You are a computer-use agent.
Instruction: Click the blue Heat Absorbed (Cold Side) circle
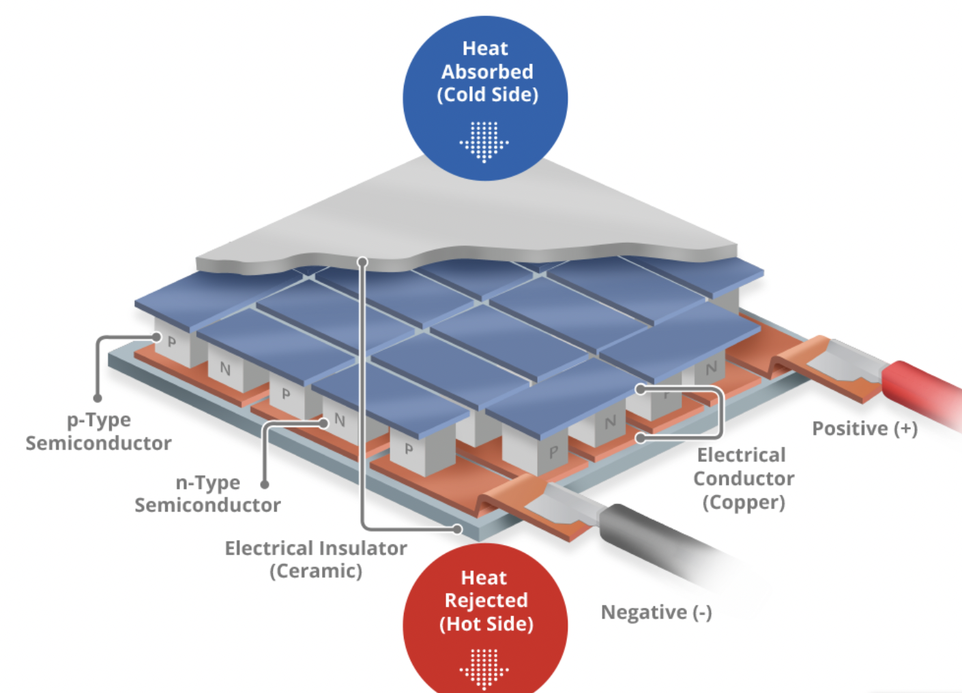tap(485, 98)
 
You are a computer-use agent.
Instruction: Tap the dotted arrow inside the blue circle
tap(484, 142)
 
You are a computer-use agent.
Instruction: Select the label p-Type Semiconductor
tap(99, 432)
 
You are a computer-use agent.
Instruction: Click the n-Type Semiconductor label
tap(207, 494)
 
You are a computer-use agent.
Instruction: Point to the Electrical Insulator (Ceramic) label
tap(316, 559)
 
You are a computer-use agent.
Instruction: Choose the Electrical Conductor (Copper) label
tap(743, 479)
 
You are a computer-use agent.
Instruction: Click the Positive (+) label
tap(864, 429)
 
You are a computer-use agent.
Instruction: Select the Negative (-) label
tap(656, 613)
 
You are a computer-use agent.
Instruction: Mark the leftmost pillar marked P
tap(174, 344)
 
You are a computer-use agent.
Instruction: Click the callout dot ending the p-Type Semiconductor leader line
tap(98, 398)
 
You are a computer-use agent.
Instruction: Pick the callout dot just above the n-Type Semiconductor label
tap(265, 484)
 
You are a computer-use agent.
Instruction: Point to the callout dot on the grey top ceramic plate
tap(362, 262)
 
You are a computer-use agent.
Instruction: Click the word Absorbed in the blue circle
tap(487, 72)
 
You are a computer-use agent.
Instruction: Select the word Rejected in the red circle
tap(486, 600)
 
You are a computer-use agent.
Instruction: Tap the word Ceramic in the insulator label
tap(316, 571)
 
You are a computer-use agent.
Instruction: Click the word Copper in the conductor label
tap(744, 503)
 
